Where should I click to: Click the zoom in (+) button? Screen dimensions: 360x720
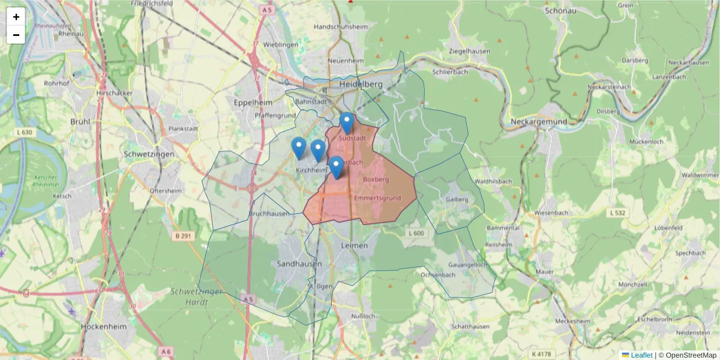16,17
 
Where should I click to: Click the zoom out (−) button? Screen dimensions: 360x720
16,35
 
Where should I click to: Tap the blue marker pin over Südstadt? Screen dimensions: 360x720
346,122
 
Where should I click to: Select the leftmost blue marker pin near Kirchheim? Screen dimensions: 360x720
299,147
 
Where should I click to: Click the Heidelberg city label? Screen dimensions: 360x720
361,85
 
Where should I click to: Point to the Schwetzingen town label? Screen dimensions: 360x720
149,154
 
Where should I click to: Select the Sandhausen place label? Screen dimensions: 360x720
299,263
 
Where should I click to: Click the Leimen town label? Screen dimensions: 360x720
353,245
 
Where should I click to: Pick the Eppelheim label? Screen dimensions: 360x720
253,103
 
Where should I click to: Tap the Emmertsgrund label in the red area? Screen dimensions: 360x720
377,198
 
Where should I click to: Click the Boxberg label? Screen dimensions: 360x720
376,179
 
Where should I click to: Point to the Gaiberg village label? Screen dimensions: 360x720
457,199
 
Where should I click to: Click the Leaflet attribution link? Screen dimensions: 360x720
641,355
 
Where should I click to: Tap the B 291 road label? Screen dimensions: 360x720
184,236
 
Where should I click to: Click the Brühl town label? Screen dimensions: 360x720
80,121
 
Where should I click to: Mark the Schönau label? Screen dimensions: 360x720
560,10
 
